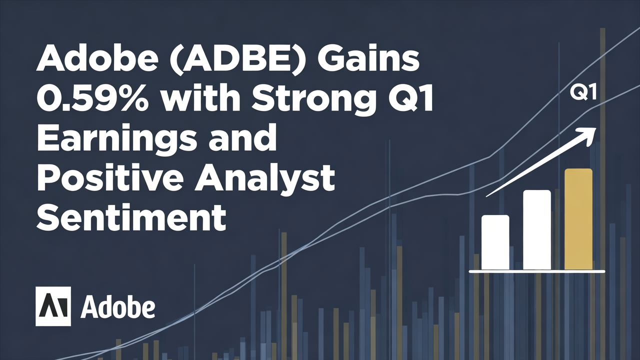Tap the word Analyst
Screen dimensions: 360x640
[x=264, y=179]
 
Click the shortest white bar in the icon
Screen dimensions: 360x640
[x=495, y=242]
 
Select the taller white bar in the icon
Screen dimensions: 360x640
[x=536, y=230]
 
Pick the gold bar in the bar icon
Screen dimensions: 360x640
[x=578, y=219]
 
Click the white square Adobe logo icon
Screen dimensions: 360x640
[x=53, y=306]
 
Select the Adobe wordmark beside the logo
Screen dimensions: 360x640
[x=117, y=307]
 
